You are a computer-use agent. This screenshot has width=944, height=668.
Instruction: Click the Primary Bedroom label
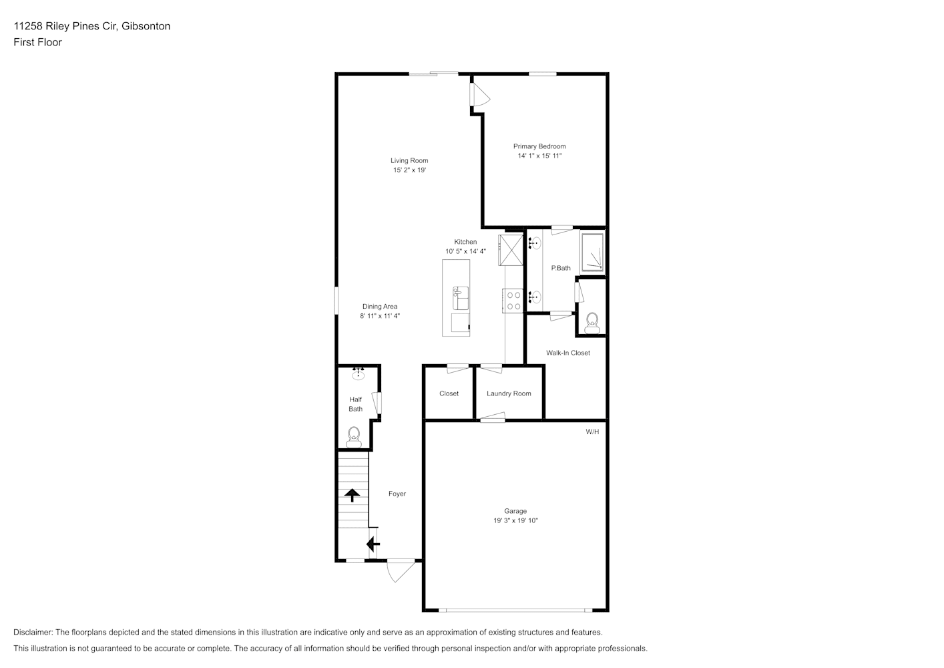click(539, 146)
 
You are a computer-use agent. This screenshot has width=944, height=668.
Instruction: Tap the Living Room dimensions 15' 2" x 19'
click(410, 170)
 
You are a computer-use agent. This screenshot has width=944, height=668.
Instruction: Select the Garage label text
click(515, 511)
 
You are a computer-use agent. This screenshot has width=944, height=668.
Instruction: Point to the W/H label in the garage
click(592, 432)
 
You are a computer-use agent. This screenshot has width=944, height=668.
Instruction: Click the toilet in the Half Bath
click(354, 438)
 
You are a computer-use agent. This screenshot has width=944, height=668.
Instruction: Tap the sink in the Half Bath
click(359, 373)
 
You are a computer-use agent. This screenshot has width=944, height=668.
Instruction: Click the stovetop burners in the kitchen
click(513, 301)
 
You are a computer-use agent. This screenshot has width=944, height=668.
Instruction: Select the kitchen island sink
click(461, 298)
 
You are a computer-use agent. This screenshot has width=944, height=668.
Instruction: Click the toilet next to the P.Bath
click(592, 323)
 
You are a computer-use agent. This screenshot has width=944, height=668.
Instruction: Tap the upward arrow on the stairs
click(352, 495)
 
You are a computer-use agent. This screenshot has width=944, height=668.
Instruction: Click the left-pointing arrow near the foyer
click(373, 544)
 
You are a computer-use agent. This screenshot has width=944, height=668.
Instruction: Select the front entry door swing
click(401, 571)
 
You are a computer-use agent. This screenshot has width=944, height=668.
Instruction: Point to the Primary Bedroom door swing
click(481, 94)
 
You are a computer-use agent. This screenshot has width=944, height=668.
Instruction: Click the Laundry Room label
click(509, 393)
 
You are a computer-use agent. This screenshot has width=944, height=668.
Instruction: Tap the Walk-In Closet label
click(568, 353)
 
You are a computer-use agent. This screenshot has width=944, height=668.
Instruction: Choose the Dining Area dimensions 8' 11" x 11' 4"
click(380, 316)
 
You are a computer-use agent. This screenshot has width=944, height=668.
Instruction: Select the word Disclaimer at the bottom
click(33, 632)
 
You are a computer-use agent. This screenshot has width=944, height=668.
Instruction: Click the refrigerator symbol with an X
click(511, 250)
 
